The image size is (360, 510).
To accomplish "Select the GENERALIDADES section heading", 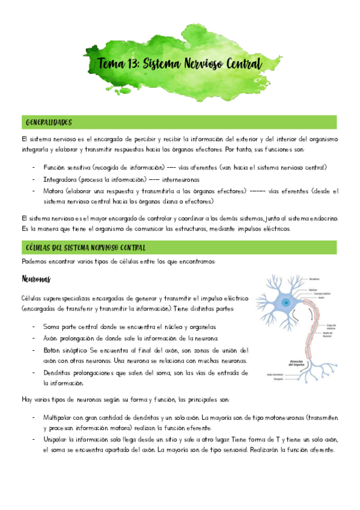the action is pos(49,123).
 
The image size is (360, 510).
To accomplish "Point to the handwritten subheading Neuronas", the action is pos(37,279).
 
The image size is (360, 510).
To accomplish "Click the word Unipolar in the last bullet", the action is pos(56,440).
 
